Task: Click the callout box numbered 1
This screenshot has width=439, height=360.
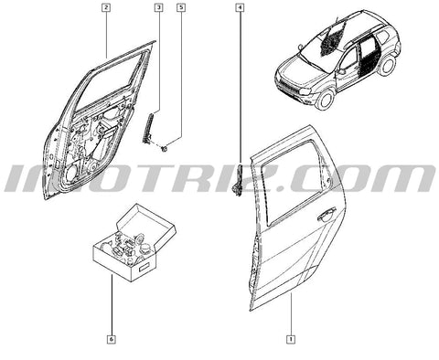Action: click(291, 339)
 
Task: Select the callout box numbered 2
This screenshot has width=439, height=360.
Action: click(106, 7)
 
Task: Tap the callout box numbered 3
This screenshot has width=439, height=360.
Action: click(158, 7)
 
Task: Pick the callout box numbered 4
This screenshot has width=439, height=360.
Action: click(241, 7)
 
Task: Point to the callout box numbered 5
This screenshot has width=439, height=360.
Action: click(181, 7)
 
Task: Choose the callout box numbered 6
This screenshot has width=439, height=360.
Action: click(112, 339)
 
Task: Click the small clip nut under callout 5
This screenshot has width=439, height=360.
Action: click(165, 149)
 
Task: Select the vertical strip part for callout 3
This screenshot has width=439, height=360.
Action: click(148, 129)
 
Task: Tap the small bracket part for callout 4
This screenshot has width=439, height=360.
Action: click(238, 181)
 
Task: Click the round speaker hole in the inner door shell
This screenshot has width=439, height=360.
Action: click(71, 173)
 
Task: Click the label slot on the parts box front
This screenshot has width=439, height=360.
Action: click(143, 268)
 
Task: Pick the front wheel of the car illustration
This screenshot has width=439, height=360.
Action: click(325, 99)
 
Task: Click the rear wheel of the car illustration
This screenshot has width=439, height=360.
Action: click(387, 65)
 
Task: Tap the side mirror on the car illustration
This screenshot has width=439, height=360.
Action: click(341, 71)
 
